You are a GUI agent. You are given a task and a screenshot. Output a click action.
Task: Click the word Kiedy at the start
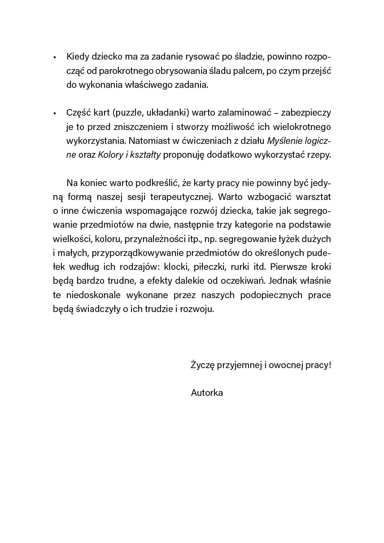[78, 56]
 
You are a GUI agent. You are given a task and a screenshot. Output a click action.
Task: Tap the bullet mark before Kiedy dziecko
[54, 57]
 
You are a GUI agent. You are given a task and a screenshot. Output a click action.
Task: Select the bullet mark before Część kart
[54, 113]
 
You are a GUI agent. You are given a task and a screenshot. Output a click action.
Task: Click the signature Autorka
[207, 393]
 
